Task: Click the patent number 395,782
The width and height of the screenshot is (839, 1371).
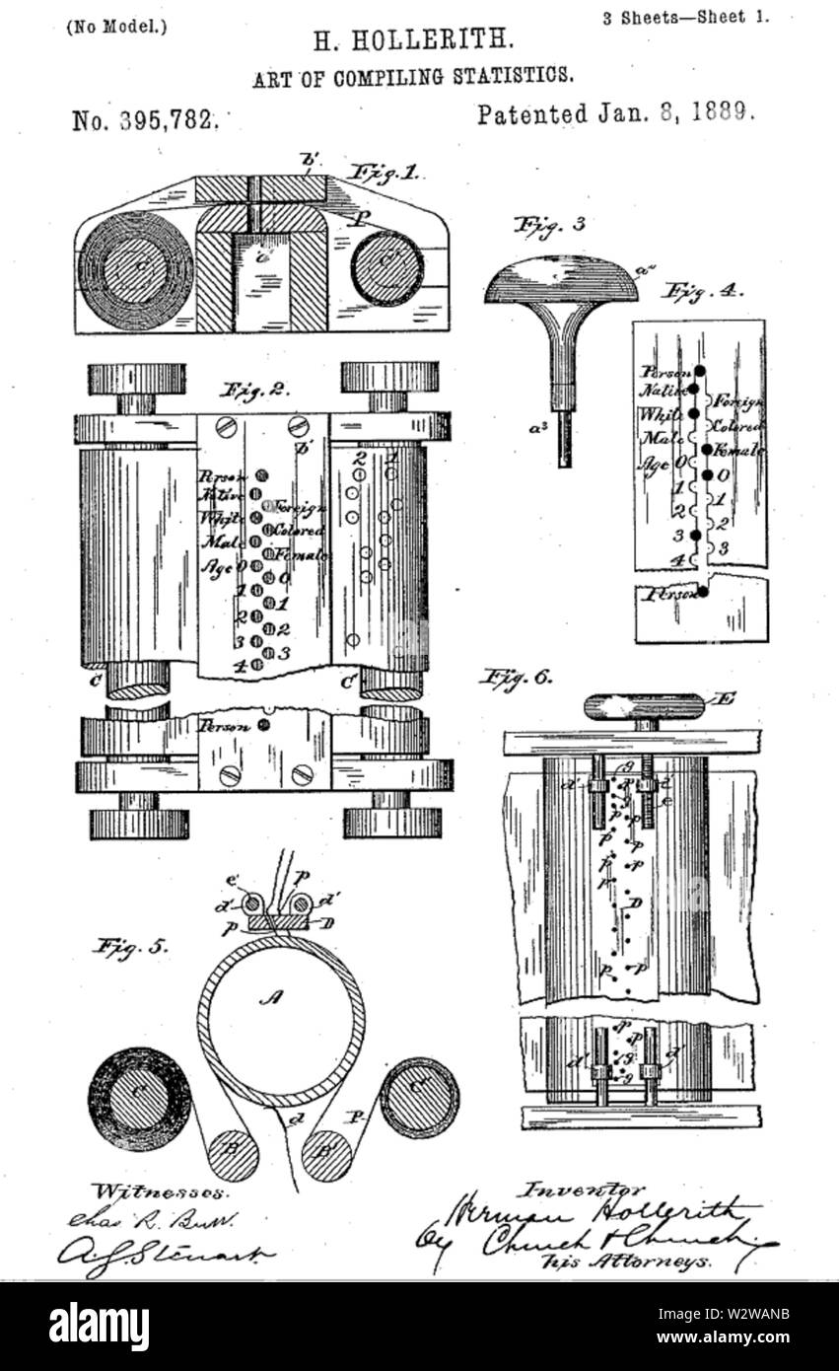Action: point(144,120)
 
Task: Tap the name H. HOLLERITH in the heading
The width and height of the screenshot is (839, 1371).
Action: point(413,41)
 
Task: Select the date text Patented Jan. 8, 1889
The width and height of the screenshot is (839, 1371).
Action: point(616,113)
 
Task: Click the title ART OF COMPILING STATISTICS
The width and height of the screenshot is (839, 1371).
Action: point(413,76)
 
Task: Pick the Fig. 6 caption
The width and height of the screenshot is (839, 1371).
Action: point(517,678)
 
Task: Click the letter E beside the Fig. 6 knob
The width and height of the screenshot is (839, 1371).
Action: point(727,698)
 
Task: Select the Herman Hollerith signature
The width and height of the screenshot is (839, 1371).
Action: point(611,1212)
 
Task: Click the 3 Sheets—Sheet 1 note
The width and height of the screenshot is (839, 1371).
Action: point(685,17)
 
